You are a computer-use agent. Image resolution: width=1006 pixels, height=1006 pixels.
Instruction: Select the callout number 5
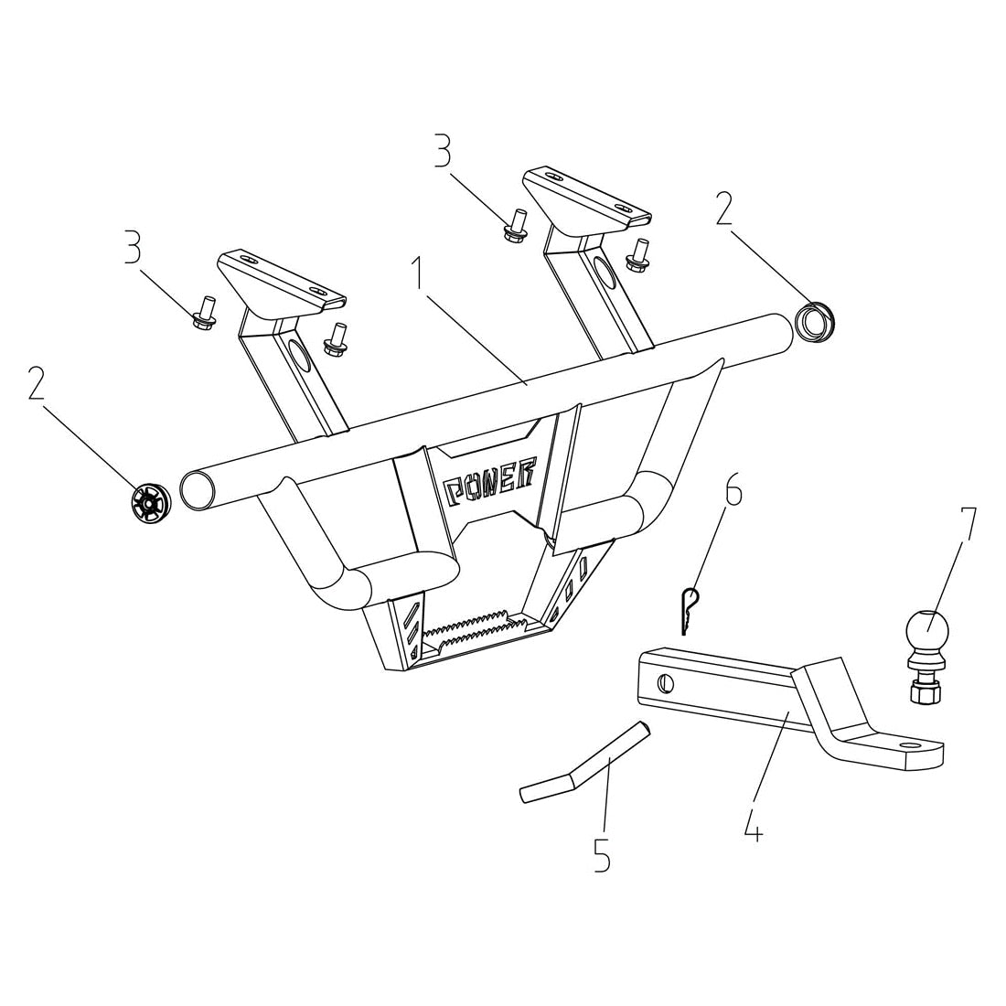pos(601,855)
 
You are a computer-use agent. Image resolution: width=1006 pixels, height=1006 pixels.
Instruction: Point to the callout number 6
pos(733,492)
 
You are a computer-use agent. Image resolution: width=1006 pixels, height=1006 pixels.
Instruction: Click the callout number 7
pos(967,528)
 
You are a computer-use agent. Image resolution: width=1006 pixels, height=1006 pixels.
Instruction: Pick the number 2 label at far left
pos(36,384)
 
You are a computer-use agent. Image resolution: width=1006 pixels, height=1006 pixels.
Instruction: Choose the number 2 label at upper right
pos(723,209)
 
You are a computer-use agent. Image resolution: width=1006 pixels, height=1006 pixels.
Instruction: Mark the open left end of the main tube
pos(197,489)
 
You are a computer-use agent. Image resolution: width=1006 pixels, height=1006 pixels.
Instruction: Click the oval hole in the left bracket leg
pos(299,358)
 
